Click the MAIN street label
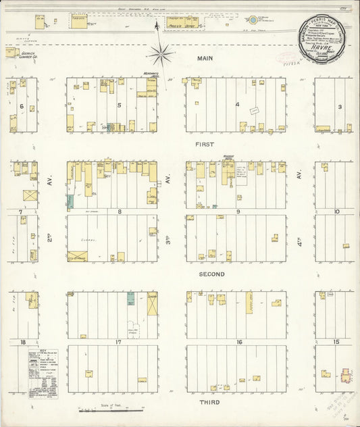(x=205, y=59)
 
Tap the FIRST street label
(x=205, y=145)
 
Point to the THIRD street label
(x=205, y=402)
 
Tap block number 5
(x=119, y=105)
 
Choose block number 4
(x=238, y=105)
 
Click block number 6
(x=22, y=106)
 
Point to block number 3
(x=340, y=106)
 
